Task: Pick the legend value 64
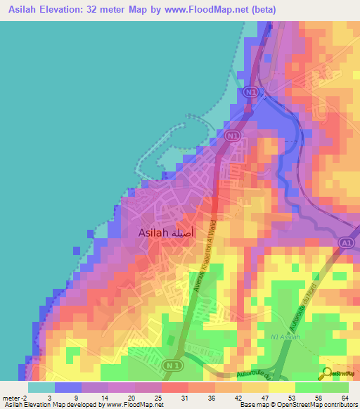pyautogui.click(x=344, y=397)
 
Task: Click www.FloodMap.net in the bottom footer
pyautogui.click(x=131, y=405)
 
